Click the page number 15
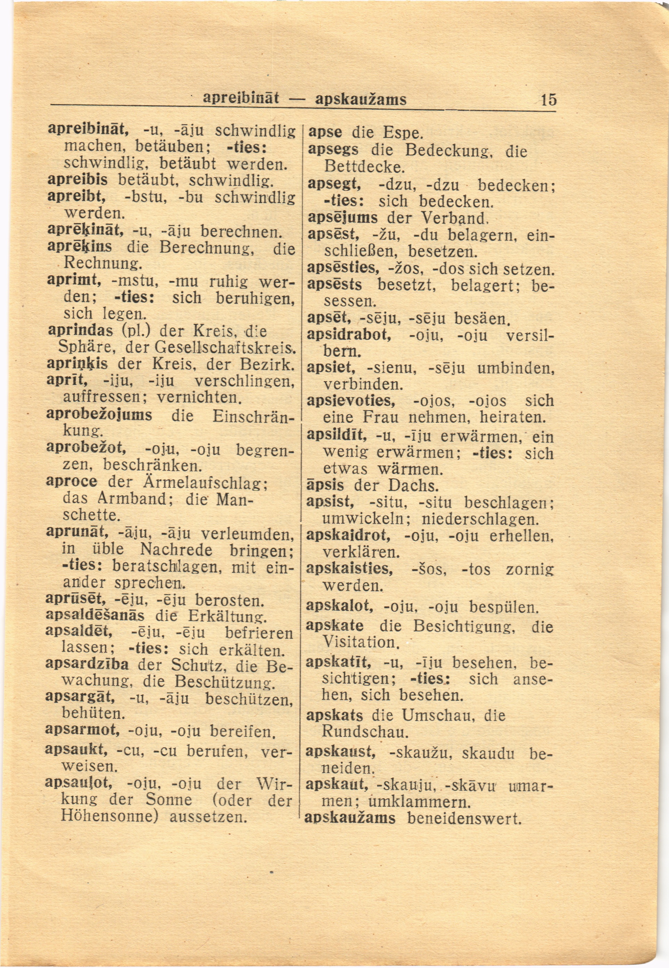click(x=548, y=100)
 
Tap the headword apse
click(x=325, y=132)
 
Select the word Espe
click(x=402, y=133)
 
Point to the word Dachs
click(x=413, y=486)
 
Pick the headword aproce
click(x=71, y=481)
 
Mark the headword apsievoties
click(x=351, y=401)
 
